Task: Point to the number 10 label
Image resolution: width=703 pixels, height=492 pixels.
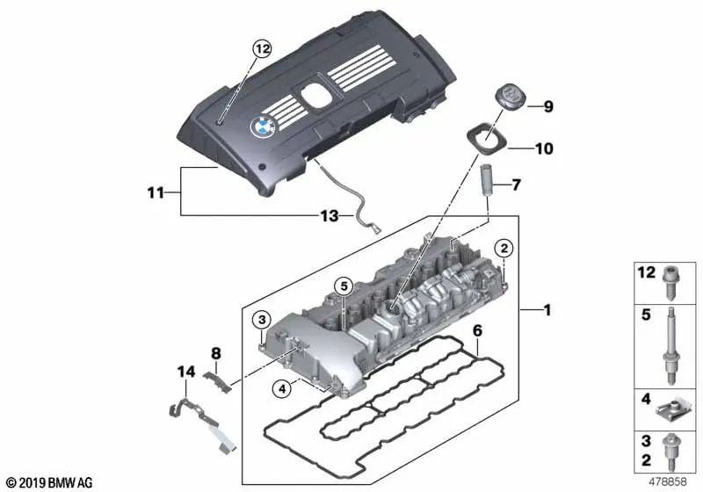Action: [544, 149]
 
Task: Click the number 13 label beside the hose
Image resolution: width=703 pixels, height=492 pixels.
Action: [329, 215]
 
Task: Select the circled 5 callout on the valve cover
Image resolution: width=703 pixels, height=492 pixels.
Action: [344, 285]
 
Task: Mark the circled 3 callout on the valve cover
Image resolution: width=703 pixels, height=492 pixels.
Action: [262, 318]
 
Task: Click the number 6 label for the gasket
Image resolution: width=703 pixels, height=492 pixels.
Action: [477, 331]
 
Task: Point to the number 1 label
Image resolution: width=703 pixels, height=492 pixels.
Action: [546, 310]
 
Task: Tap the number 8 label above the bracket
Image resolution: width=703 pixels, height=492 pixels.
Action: [216, 355]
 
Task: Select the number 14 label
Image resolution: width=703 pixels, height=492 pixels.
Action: [185, 373]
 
